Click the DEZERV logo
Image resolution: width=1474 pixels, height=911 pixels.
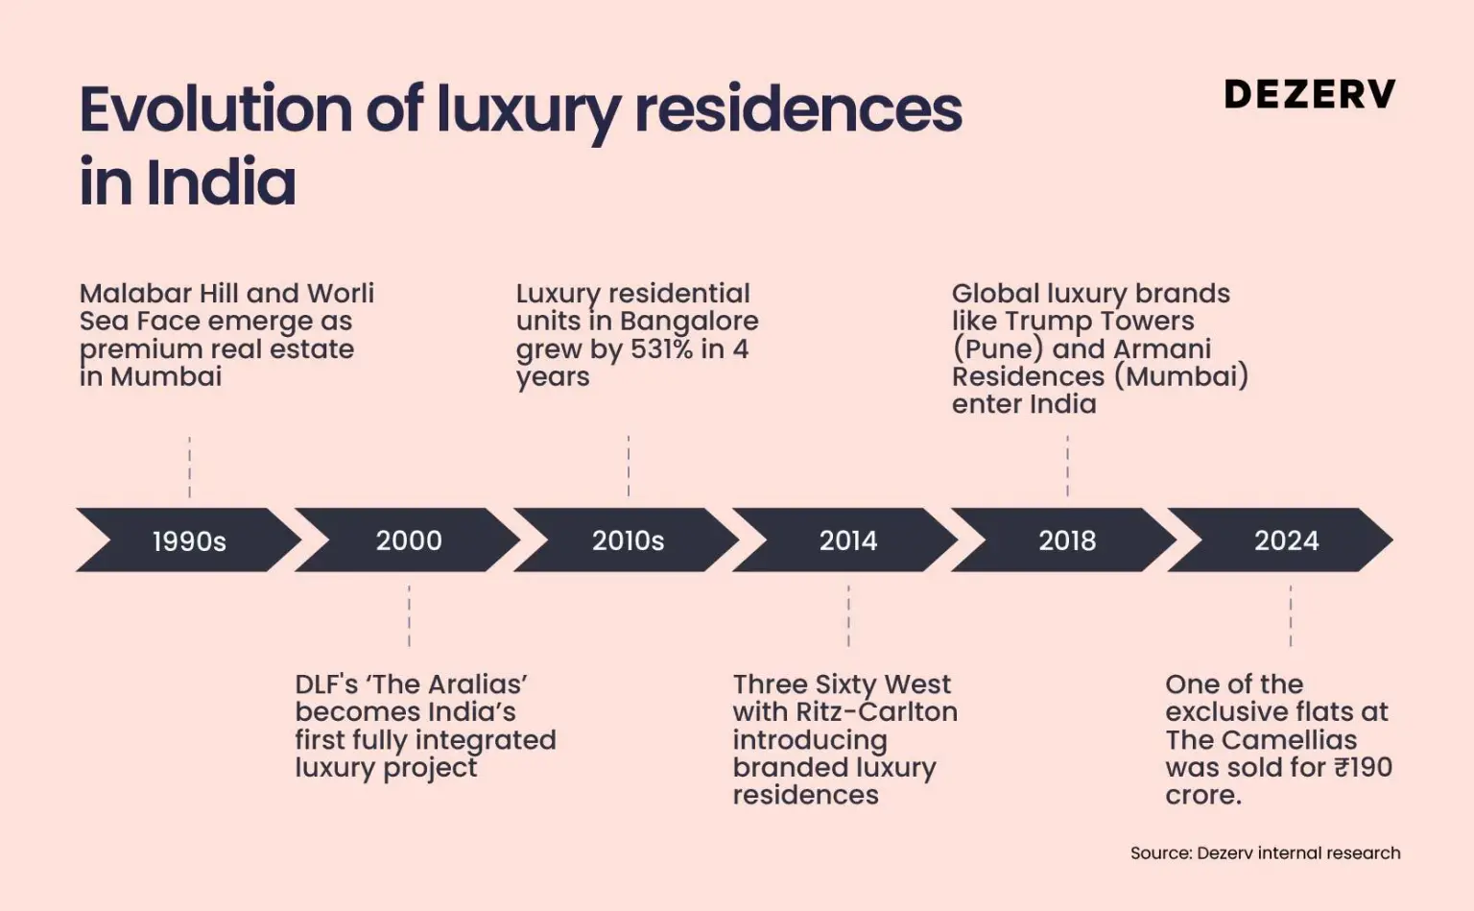pos(1309,94)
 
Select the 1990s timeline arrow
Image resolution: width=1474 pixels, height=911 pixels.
pos(189,540)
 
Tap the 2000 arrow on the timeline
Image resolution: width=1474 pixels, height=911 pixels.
pos(409,540)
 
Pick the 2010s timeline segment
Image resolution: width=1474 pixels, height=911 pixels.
pos(628,540)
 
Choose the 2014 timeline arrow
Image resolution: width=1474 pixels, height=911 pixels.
pos(847,540)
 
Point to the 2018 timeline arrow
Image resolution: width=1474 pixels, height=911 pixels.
pos(1066,540)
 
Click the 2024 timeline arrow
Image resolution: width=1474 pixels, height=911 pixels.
pos(1286,540)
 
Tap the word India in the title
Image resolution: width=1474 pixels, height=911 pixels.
pos(222,182)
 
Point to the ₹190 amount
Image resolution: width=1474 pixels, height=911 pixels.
pos(1363,767)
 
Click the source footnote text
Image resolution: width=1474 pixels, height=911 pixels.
pos(1265,852)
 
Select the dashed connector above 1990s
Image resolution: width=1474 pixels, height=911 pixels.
pos(189,467)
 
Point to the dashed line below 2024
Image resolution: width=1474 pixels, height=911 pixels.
pos(1291,615)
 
